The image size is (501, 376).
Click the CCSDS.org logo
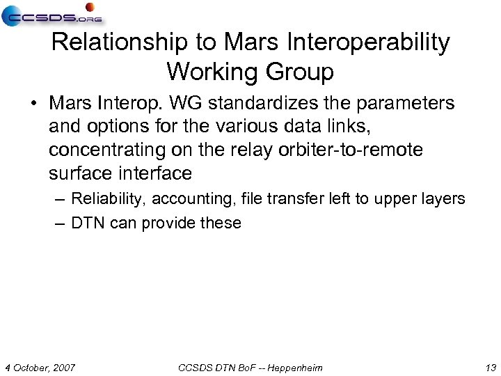coord(52,15)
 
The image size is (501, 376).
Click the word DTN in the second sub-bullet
coord(86,224)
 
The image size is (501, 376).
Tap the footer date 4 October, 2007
coord(40,367)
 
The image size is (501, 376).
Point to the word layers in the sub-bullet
coord(444,199)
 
